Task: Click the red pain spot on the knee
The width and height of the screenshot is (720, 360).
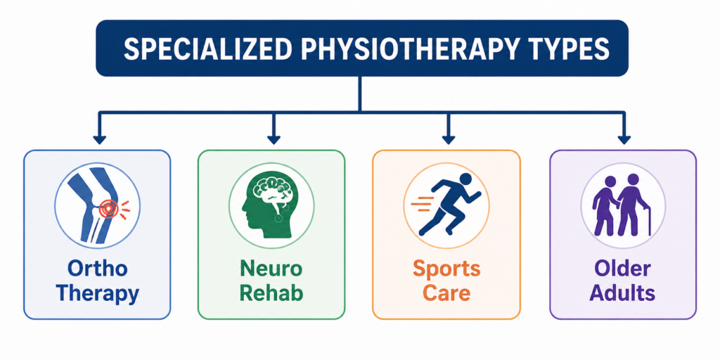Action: coord(109,210)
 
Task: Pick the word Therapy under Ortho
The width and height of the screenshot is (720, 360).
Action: coord(97,295)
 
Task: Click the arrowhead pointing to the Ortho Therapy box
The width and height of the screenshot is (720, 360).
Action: coord(99,140)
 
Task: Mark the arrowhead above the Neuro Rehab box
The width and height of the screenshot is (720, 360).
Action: coord(274,140)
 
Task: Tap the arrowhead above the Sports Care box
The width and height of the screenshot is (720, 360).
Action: coord(448,140)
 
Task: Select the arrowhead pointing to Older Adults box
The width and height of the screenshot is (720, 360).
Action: coord(624,140)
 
